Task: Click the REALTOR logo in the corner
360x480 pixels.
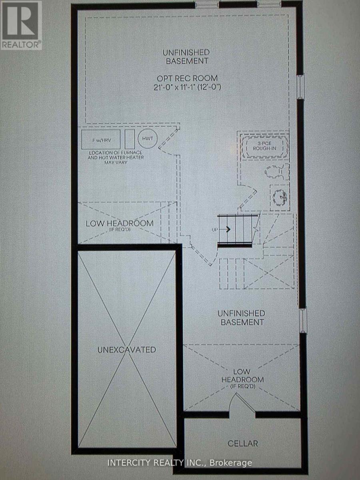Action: tap(21, 25)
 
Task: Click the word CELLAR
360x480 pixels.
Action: tap(242, 443)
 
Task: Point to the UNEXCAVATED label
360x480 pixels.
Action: tap(126, 350)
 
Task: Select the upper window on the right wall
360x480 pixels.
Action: tap(300, 86)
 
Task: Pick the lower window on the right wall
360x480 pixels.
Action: tap(303, 320)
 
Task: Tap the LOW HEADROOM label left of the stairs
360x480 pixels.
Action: tap(119, 223)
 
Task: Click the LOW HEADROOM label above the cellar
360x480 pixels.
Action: tap(242, 376)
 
